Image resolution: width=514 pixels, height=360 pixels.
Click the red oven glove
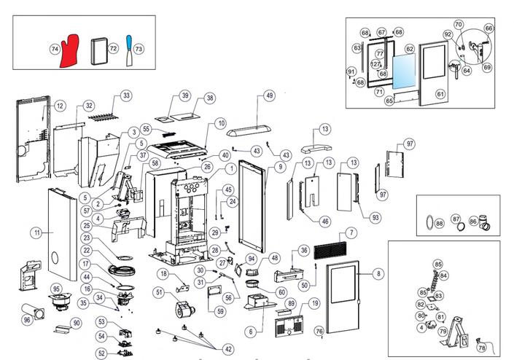[71, 49]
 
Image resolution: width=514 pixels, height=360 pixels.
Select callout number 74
[54, 50]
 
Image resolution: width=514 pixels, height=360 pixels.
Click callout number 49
[269, 95]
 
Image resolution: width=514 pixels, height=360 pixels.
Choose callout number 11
[36, 233]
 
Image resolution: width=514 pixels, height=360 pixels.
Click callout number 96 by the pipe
[27, 319]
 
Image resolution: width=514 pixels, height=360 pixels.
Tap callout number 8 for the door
[378, 274]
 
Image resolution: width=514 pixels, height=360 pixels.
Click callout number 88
[439, 223]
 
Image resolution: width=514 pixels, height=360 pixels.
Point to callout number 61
[440, 94]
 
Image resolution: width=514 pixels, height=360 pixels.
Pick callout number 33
[126, 95]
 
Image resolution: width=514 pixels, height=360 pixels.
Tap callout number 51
[158, 292]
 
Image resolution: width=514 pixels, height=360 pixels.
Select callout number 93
[375, 217]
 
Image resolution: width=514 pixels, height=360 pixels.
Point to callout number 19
[315, 302]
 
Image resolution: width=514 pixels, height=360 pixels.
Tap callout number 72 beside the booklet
[113, 48]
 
